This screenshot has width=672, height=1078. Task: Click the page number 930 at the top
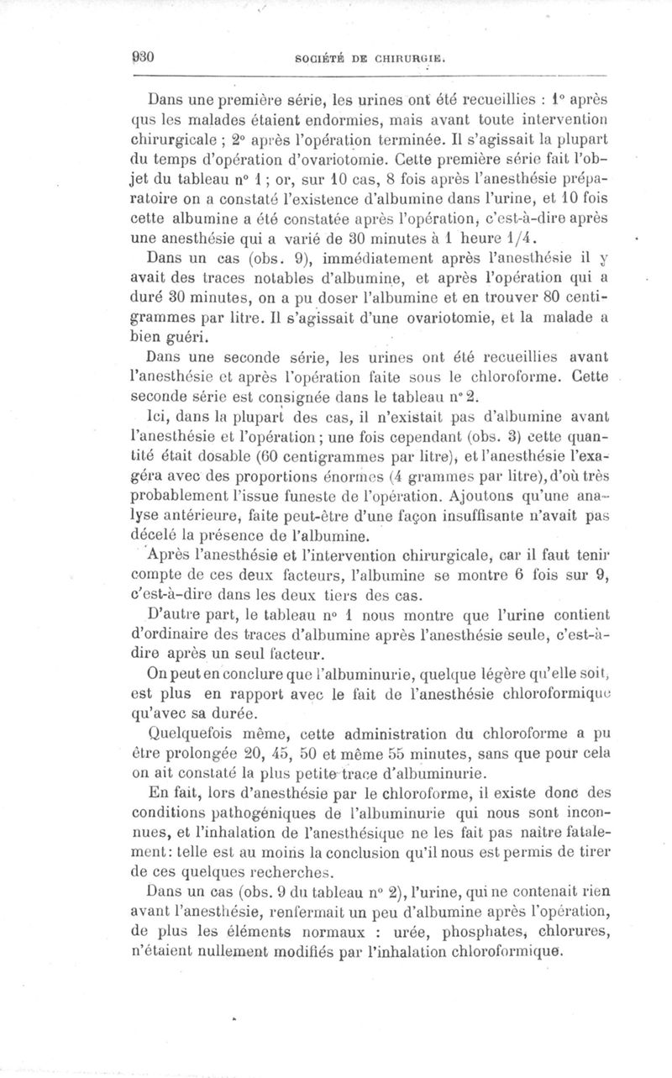tap(141, 58)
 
